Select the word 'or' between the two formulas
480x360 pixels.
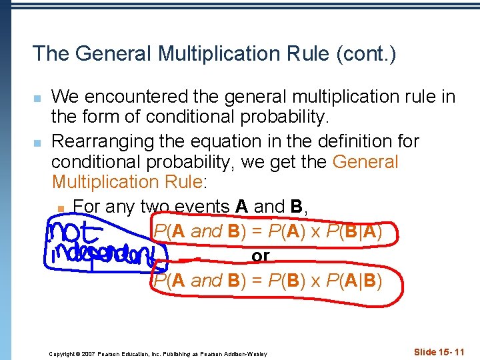pyautogui.click(x=261, y=256)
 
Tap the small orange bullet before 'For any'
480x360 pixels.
pyautogui.click(x=61, y=209)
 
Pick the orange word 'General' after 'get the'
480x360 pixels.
pyautogui.click(x=365, y=163)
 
